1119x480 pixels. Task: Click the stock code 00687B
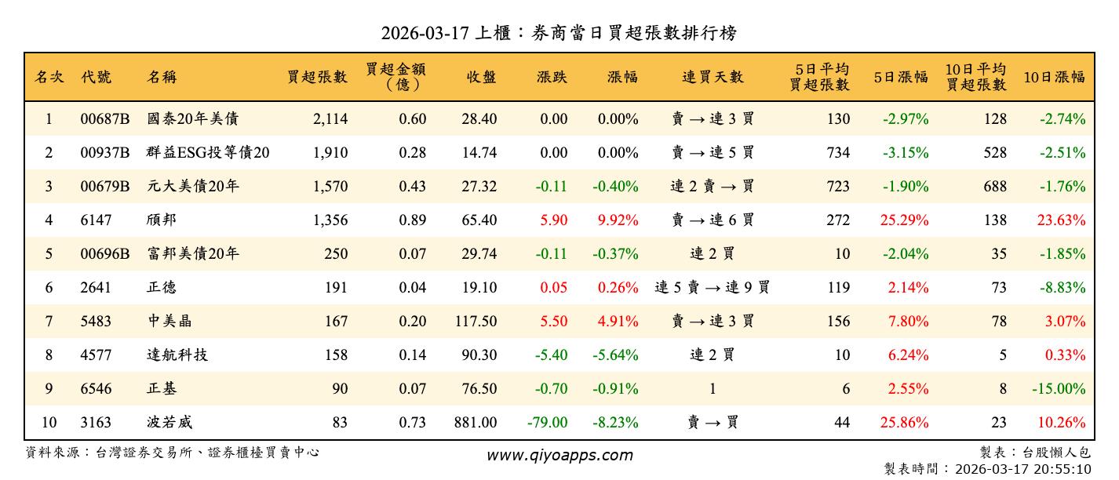point(104,119)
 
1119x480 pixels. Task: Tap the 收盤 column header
point(481,77)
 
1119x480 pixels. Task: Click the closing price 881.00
point(476,423)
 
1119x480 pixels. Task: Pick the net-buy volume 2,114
point(330,119)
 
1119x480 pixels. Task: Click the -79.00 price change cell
point(547,423)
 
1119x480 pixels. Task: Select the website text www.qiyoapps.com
point(559,455)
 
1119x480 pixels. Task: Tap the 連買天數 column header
point(712,77)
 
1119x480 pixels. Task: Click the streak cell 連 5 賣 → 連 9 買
point(712,288)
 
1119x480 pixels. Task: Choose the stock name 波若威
point(169,423)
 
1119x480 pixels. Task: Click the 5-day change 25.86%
point(904,423)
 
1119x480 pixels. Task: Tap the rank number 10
point(49,423)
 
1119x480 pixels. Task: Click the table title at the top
point(559,33)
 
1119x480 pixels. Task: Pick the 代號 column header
point(96,77)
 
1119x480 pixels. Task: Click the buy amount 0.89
point(412,220)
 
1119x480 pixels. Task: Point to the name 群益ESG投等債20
point(208,153)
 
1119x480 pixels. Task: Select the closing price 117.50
point(476,322)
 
